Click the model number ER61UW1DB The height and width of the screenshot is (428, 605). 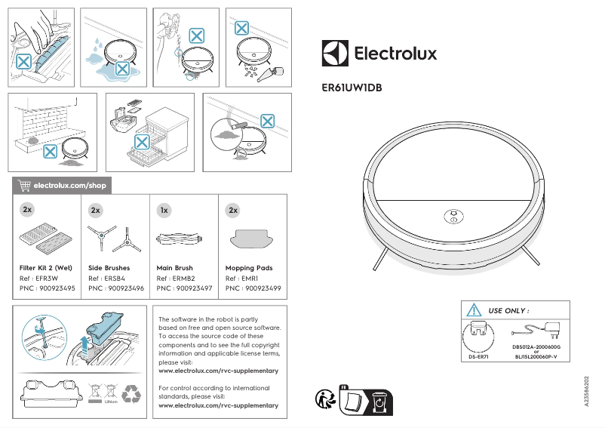tap(352, 88)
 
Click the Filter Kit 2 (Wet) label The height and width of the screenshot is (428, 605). tap(46, 268)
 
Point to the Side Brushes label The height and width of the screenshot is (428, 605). tap(109, 268)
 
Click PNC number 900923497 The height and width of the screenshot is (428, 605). tap(184, 288)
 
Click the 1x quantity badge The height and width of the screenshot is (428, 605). tap(163, 210)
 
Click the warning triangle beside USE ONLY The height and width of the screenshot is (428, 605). tap(474, 310)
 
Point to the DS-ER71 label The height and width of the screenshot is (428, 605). tap(479, 356)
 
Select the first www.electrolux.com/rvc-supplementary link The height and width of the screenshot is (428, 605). tap(218, 371)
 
